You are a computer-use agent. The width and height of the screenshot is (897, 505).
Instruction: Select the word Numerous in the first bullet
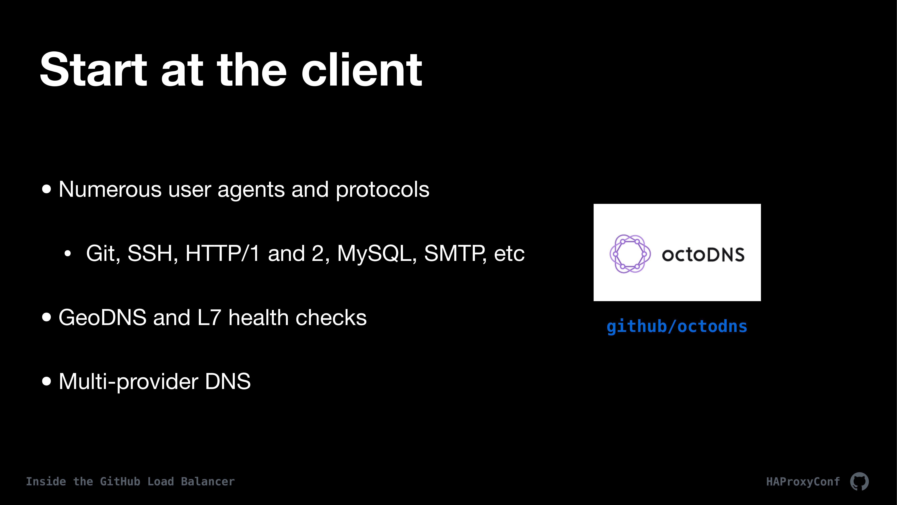click(110, 190)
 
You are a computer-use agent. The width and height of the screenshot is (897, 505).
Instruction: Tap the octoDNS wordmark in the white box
click(703, 255)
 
